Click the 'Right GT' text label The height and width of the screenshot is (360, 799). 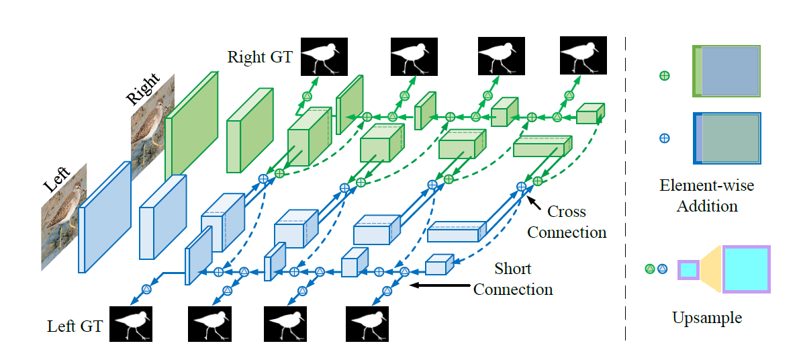(260, 56)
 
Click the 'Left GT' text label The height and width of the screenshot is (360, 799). (75, 326)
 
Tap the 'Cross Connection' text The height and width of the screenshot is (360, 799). (567, 222)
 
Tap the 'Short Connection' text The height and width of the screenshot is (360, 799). (513, 279)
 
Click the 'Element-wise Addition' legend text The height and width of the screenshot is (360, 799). (708, 195)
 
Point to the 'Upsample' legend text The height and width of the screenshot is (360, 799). (707, 317)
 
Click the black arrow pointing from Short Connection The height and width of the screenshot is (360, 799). (440, 285)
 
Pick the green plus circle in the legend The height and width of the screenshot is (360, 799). (664, 76)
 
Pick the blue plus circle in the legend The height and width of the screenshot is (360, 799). (664, 138)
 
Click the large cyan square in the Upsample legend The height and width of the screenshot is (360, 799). (745, 269)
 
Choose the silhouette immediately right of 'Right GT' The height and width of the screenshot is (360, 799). (324, 56)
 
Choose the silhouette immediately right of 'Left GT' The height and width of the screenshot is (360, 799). (132, 324)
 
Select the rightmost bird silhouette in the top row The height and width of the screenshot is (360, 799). (583, 56)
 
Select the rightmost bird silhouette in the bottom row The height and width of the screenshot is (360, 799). (367, 324)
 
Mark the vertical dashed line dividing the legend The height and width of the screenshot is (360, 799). (626, 188)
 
